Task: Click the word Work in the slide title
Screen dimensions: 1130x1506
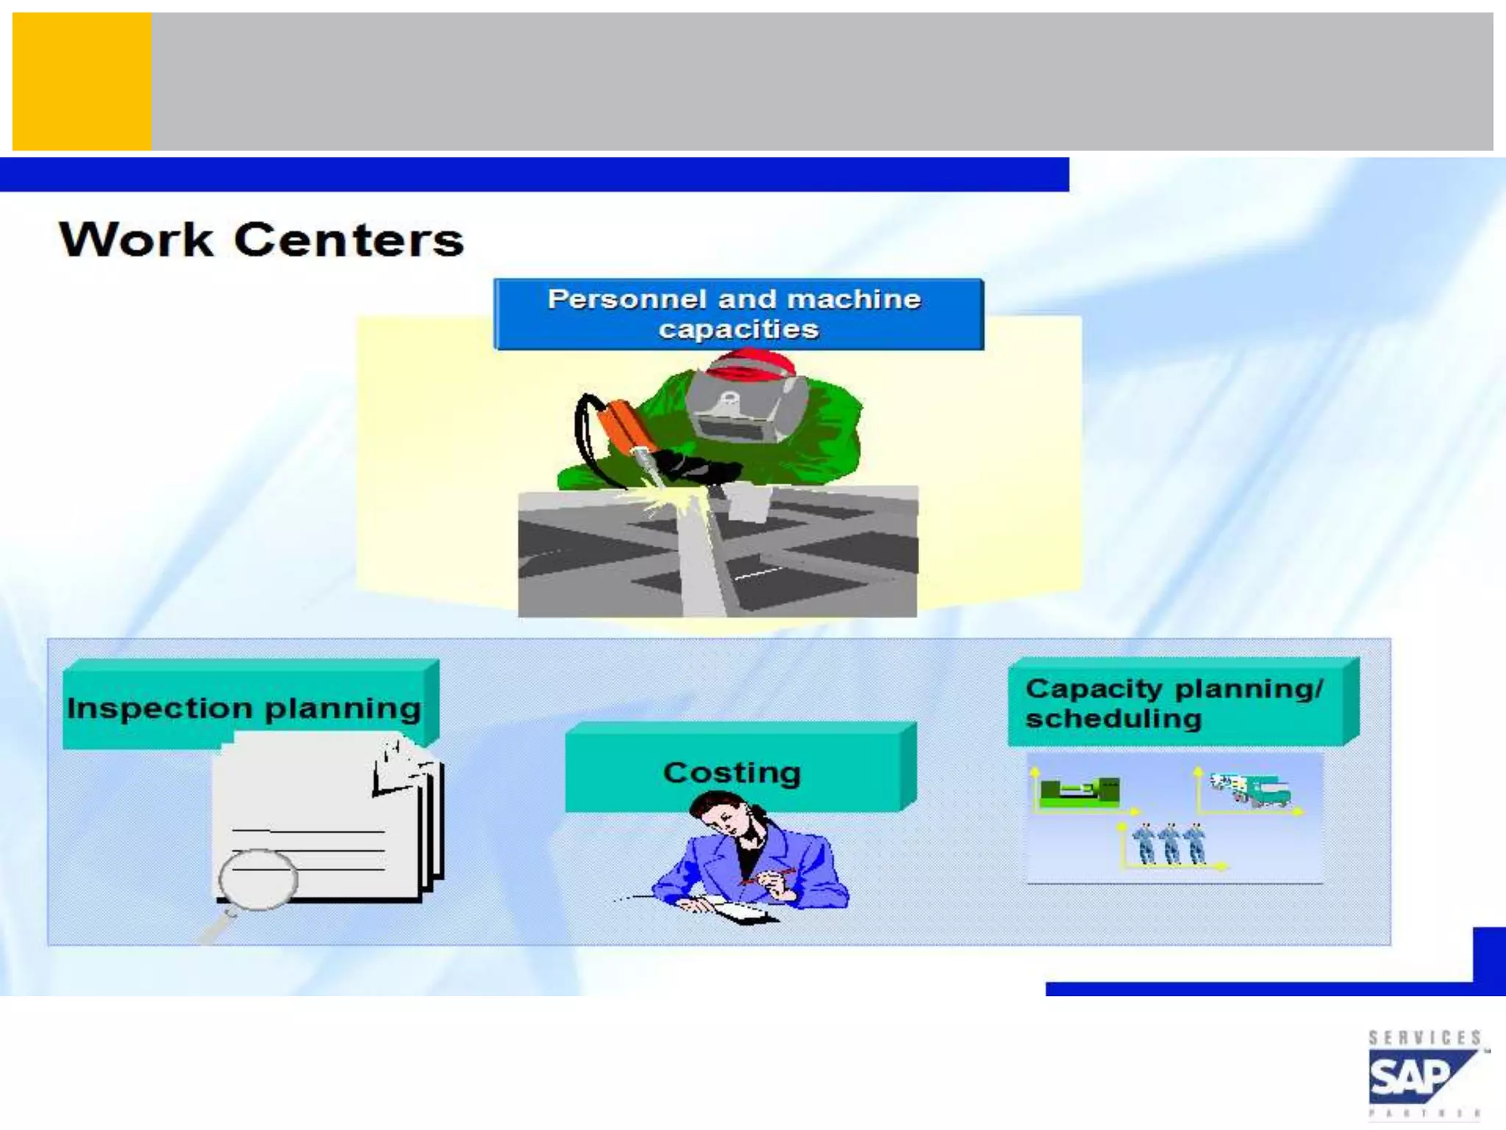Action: tap(136, 240)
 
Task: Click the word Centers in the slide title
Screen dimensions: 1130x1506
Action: tap(349, 240)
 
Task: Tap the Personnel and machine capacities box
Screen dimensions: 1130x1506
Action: tap(738, 314)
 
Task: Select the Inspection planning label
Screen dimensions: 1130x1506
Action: tap(245, 707)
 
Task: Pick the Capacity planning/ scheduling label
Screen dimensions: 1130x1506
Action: tap(1175, 703)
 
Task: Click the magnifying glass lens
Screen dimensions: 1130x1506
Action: tap(258, 879)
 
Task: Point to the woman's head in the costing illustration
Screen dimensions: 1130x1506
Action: tap(724, 813)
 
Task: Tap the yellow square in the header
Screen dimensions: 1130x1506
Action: tap(82, 81)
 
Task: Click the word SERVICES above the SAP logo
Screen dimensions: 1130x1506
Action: tap(1424, 1037)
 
